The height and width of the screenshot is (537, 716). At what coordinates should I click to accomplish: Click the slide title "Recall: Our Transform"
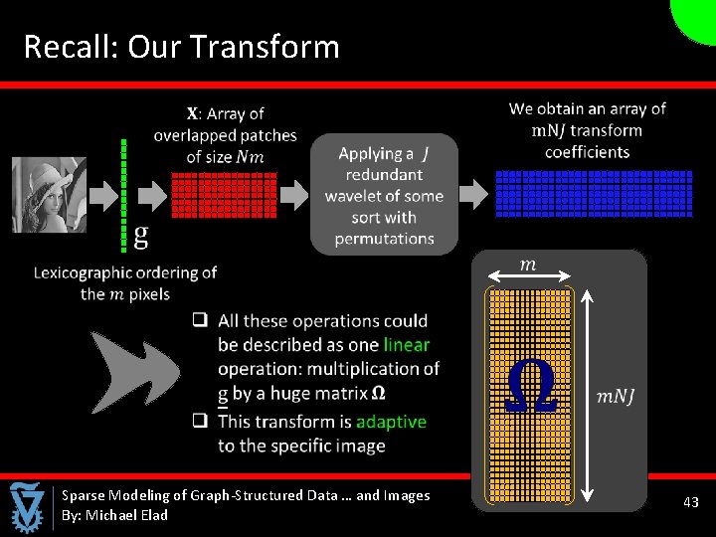tap(181, 47)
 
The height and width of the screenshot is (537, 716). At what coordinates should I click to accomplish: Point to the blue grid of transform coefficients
tap(592, 194)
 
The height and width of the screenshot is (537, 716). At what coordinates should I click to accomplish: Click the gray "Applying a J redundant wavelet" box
tap(384, 195)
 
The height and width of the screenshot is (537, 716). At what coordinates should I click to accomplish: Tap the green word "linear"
tap(406, 345)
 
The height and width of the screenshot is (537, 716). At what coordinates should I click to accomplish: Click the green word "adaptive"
tap(391, 422)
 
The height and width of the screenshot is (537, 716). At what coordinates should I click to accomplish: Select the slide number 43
tap(690, 503)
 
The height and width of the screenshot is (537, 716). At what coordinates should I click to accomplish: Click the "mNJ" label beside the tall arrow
tap(616, 397)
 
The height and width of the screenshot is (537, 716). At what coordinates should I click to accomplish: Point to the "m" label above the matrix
tap(528, 264)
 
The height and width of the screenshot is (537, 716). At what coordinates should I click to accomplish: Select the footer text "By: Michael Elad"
tap(114, 515)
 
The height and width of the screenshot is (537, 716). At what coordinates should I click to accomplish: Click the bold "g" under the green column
tap(140, 235)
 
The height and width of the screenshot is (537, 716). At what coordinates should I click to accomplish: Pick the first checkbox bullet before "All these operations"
tap(200, 320)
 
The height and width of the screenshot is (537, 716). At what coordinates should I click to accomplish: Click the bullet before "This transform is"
tap(200, 421)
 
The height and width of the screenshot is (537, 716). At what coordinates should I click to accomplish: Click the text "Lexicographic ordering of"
tap(124, 272)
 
